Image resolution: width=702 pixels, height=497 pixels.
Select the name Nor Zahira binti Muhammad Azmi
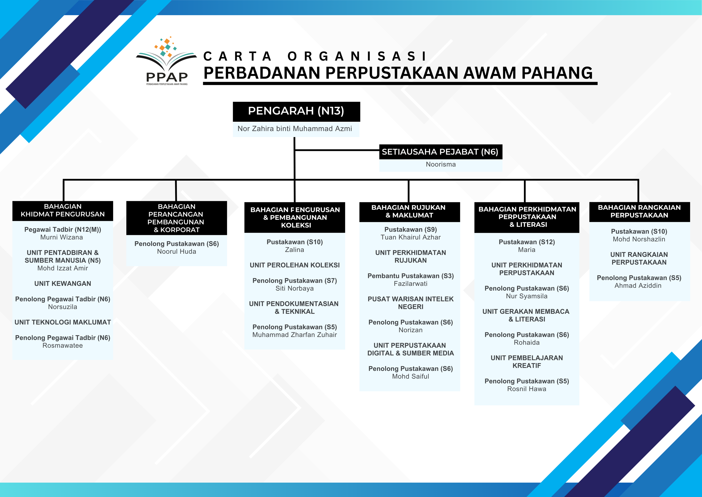tap(295, 129)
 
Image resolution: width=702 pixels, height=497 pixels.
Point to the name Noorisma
tap(441, 164)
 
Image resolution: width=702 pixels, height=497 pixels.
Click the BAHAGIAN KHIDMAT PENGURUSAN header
tap(63, 210)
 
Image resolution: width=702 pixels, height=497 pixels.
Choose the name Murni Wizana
tap(62, 237)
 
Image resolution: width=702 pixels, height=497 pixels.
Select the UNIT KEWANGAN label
tap(63, 284)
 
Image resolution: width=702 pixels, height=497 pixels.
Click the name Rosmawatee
tap(63, 345)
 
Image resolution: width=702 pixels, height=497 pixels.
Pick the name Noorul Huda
tap(176, 251)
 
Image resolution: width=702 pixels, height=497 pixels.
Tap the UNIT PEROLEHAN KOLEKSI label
tap(294, 265)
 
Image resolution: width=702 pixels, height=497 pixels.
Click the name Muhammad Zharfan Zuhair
tap(294, 335)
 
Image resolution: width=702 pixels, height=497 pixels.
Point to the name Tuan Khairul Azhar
tap(410, 237)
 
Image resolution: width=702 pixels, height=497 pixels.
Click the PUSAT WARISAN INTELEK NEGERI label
tap(410, 303)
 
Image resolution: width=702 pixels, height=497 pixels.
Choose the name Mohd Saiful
tap(410, 376)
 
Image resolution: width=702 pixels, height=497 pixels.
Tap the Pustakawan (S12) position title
tap(526, 242)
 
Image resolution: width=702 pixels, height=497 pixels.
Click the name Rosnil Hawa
tap(526, 389)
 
